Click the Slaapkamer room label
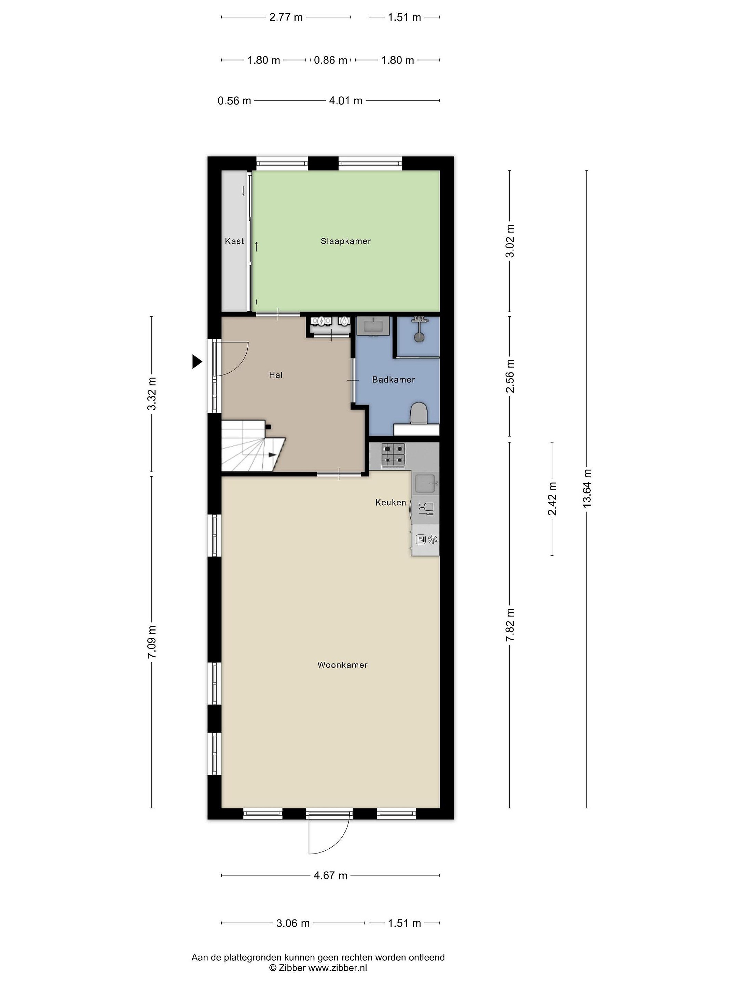click(346, 241)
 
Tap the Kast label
click(234, 241)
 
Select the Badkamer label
click(394, 380)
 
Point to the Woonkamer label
click(343, 665)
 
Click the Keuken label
click(391, 503)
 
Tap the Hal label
click(276, 375)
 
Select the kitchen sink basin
click(425, 483)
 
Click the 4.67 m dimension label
click(330, 875)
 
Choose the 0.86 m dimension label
click(330, 60)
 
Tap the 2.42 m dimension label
click(552, 499)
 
